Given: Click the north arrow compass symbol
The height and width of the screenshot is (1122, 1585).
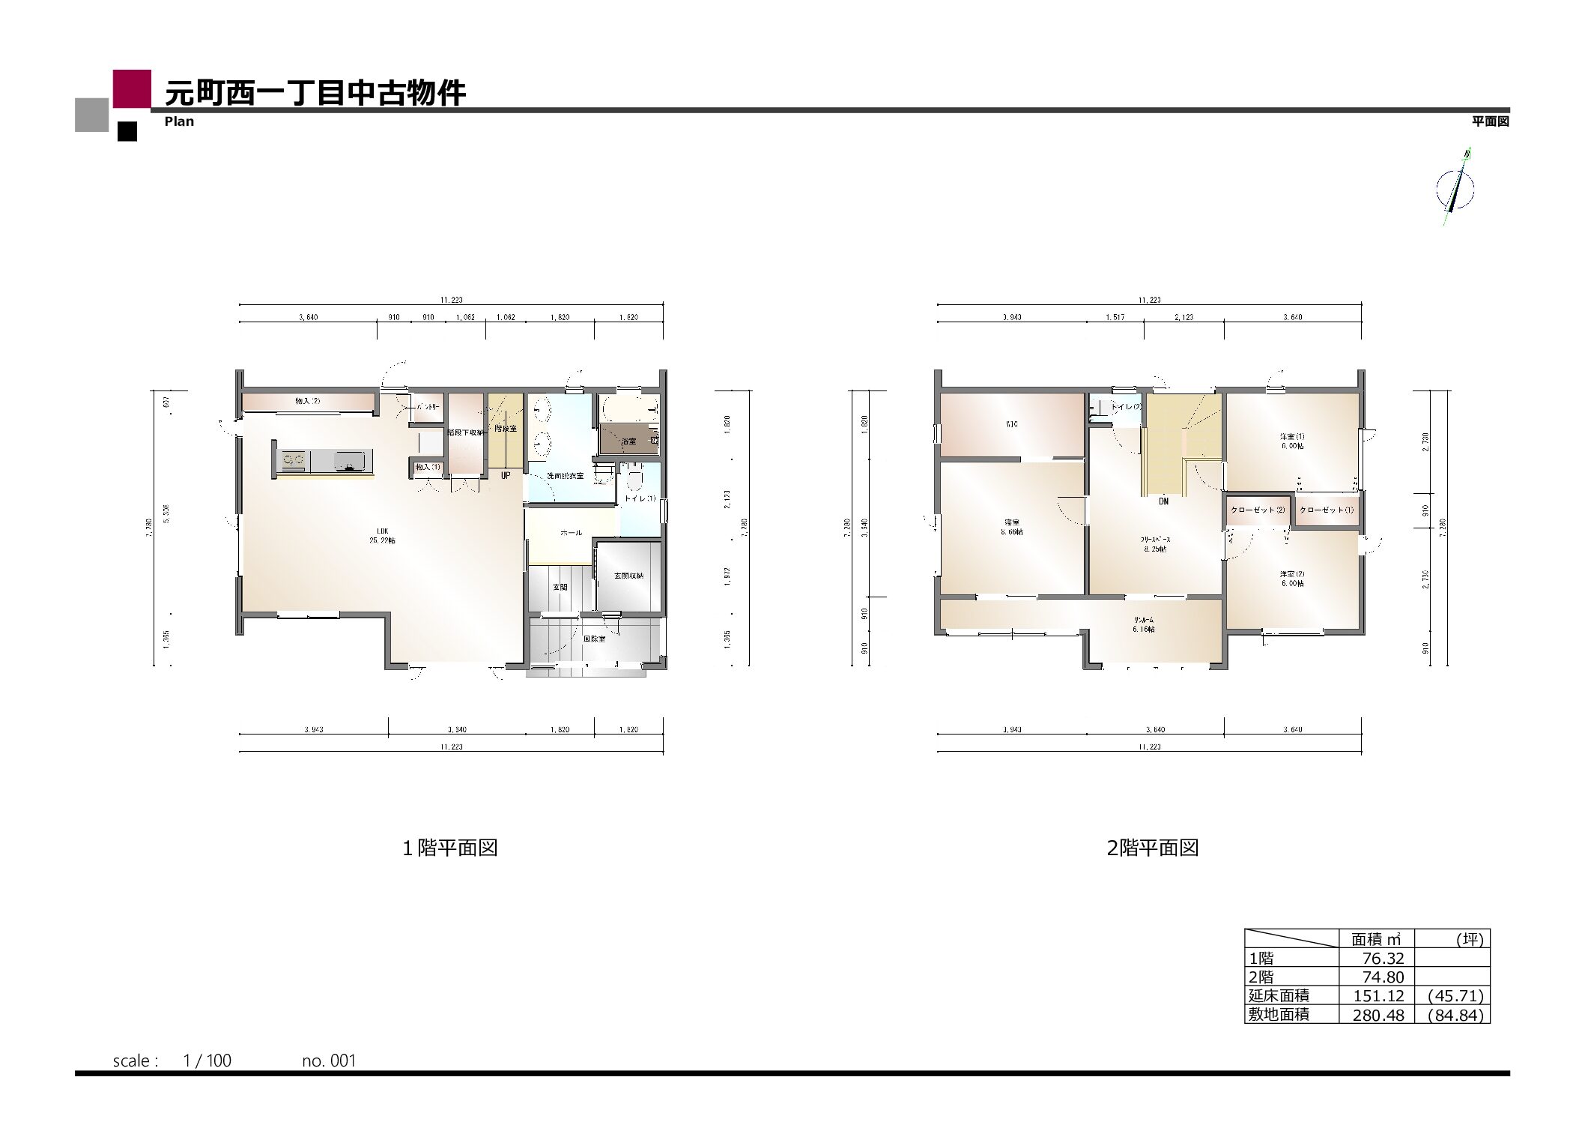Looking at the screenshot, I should tap(1455, 188).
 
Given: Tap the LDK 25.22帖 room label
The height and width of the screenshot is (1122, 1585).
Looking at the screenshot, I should tap(382, 535).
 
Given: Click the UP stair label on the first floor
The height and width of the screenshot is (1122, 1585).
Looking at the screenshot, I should tap(506, 475).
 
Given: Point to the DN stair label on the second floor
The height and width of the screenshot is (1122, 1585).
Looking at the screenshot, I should tap(1163, 501).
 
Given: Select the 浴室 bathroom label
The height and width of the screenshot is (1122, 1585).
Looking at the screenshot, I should tap(628, 441).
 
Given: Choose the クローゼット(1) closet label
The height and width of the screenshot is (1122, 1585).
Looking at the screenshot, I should tap(1327, 510).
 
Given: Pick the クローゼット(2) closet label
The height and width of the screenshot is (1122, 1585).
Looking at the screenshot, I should tap(1258, 510).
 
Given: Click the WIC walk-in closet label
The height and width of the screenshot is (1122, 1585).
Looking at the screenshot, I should tap(1011, 424).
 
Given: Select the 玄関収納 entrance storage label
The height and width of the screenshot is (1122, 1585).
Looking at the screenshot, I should tap(628, 576).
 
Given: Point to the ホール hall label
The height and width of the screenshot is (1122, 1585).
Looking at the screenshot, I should tap(571, 533).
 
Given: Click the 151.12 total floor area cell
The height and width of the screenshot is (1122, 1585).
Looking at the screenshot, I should tap(1378, 996).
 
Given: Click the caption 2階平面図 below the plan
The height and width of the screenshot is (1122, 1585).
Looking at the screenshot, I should tap(1152, 848).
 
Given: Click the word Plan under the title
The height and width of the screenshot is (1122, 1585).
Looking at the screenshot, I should tap(179, 121).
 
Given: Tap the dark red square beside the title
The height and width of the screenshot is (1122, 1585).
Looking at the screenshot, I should tap(132, 88).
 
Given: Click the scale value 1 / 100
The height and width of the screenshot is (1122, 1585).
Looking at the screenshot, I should tap(207, 1061).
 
